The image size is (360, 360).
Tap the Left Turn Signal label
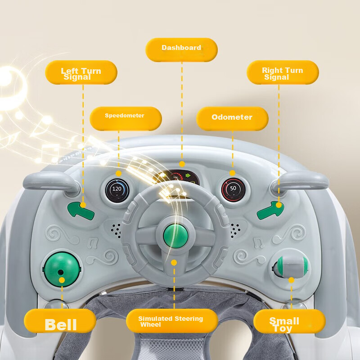pos(81,72)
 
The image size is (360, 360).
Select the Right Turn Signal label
pos(283,72)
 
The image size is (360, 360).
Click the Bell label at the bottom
pos(60,321)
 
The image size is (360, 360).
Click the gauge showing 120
pos(117,189)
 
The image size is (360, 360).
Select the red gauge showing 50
pos(233,189)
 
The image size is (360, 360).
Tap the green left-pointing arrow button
pos(81,210)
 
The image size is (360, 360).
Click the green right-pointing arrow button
pos(271,210)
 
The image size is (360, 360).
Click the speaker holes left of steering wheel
pos(117,230)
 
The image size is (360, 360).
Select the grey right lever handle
pos(301,180)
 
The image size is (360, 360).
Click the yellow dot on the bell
pos(62,280)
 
